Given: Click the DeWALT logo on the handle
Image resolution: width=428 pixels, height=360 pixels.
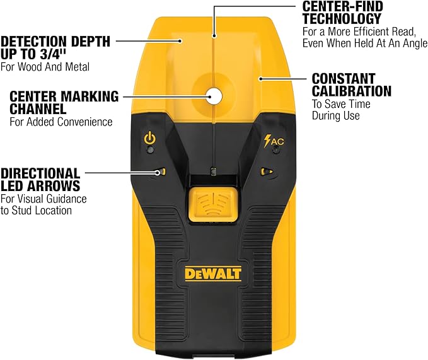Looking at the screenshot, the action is pos(213,274).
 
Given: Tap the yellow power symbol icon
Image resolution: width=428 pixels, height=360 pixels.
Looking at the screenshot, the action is pos(150,138).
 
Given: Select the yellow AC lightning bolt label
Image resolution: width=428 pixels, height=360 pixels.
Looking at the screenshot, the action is pos(274,141).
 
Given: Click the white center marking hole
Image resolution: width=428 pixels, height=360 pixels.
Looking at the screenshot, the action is pos(214,96).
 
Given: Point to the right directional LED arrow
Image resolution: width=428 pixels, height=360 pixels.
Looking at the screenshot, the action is pos(267,171).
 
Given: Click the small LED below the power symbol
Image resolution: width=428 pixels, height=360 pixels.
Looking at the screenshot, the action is pos(149,150).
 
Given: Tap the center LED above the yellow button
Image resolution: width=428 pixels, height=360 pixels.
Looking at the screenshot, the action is pos(214,171).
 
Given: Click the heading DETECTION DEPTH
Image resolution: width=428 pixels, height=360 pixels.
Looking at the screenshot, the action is pos(55,42).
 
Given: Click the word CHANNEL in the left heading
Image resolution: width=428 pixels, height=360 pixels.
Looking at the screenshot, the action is pos(38,109).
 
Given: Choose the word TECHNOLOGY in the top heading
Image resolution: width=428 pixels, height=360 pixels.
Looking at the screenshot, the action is pos(342,19).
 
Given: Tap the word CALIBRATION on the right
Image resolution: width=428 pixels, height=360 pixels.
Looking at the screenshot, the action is pos(352,91).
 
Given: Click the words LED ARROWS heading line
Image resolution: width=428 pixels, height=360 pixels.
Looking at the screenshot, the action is pos(40,186).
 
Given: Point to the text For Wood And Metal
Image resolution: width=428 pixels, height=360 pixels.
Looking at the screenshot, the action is pos(45,67).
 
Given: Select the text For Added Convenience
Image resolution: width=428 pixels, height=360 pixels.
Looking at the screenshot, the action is pos(61,122).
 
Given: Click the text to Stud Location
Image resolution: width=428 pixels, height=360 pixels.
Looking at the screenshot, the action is pos(37,211).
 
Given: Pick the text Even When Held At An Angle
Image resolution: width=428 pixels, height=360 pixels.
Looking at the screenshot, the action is pos(365,43).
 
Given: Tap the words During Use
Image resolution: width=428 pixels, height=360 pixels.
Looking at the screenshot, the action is pos(336,115).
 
